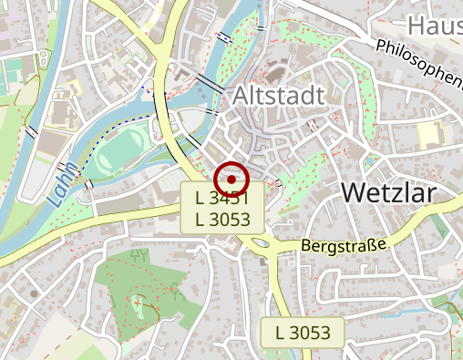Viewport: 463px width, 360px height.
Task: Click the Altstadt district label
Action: [279, 96]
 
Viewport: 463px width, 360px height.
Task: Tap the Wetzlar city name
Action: [388, 193]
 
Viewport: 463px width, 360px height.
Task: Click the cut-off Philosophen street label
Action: [418, 58]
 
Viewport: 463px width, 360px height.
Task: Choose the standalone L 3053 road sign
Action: [303, 333]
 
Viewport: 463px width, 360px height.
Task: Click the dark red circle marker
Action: [231, 180]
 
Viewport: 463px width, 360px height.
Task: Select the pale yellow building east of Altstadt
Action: [427, 134]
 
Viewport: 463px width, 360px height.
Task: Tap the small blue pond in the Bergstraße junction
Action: [260, 243]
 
